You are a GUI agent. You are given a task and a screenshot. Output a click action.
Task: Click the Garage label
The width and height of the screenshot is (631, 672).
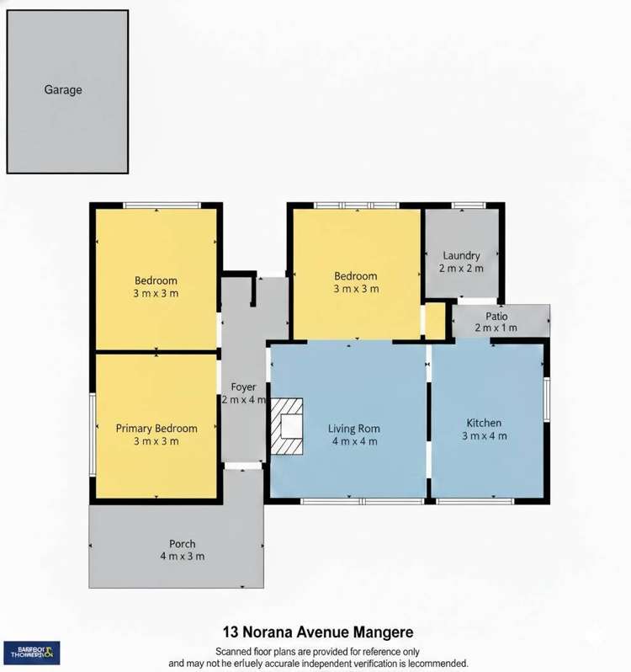coord(63,89)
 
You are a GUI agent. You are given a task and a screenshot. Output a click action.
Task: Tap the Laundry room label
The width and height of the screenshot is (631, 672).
coord(460,255)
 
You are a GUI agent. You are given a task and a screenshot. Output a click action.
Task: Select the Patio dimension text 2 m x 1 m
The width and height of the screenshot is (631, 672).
coord(496,328)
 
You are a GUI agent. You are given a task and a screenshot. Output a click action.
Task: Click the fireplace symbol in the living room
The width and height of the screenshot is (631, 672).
coord(287,427)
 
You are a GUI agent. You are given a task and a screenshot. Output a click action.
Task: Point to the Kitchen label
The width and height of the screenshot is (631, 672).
coord(484,423)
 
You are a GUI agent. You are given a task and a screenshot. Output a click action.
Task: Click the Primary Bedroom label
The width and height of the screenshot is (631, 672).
coord(156,428)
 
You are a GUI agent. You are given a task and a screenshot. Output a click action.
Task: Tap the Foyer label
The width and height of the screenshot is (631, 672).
coord(243,387)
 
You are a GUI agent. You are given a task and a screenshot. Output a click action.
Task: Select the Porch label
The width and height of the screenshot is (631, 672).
coord(183,543)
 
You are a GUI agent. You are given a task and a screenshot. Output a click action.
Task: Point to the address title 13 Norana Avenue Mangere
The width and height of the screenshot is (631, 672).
coord(317,631)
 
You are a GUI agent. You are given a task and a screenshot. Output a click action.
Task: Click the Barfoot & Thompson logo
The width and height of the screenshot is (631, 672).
coord(31,652)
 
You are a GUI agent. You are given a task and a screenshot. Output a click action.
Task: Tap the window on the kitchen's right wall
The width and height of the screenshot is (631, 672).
coord(547,398)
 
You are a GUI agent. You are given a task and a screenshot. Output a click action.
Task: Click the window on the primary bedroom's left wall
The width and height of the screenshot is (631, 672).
coord(93,435)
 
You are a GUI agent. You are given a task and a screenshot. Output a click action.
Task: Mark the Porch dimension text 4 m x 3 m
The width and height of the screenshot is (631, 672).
coord(183,556)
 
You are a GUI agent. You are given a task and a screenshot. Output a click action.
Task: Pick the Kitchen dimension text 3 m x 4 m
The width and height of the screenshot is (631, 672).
coord(484,435)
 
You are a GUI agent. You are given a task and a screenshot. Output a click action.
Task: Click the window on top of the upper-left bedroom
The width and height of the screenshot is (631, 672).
coord(162,205)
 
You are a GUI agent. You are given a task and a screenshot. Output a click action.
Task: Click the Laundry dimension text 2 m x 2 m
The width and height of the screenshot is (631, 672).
coord(460,268)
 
